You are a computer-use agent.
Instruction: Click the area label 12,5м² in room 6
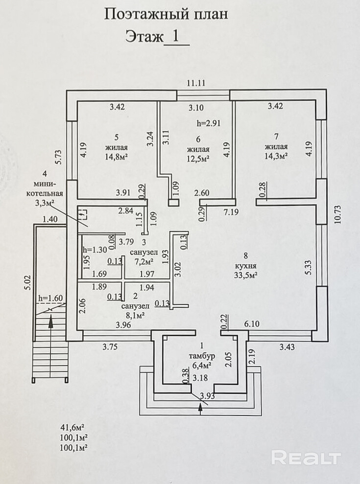[198, 158]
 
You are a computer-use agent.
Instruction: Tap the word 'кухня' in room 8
[246, 265]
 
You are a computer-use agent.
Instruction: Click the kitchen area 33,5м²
[246, 275]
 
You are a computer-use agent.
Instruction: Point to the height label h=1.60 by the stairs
[50, 298]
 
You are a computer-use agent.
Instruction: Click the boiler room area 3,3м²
[45, 202]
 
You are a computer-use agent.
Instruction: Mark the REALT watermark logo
[306, 458]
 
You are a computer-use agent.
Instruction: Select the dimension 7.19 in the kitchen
[232, 212]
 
